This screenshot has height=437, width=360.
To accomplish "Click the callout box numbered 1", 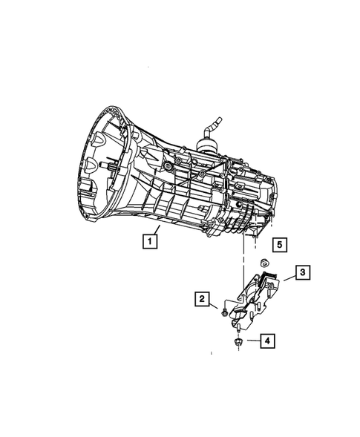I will click(150, 241).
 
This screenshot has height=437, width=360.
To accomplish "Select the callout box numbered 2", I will click(201, 299).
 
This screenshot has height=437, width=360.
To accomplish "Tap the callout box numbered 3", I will click(303, 274).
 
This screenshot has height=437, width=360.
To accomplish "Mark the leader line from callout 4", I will click(251, 341).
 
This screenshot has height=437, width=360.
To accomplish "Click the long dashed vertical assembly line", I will click(243, 252).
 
